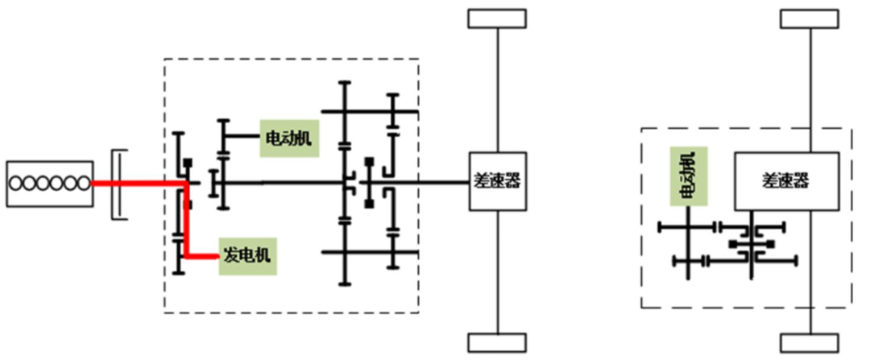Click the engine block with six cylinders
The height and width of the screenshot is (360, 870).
pyautogui.click(x=48, y=183)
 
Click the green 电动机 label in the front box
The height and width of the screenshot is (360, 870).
pyautogui.click(x=287, y=138)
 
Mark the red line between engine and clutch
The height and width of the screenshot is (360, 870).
pyautogui.click(x=101, y=183)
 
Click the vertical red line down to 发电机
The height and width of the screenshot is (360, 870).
pyautogui.click(x=186, y=221)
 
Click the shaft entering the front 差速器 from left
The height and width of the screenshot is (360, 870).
pyautogui.click(x=435, y=183)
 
